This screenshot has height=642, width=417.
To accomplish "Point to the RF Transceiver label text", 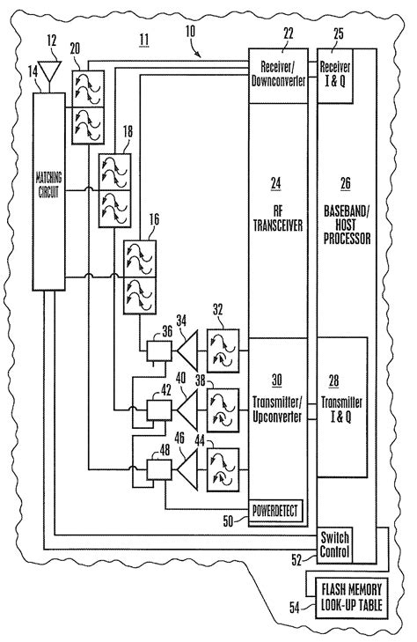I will (x=278, y=217).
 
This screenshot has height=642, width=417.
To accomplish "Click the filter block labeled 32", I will (x=224, y=349).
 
